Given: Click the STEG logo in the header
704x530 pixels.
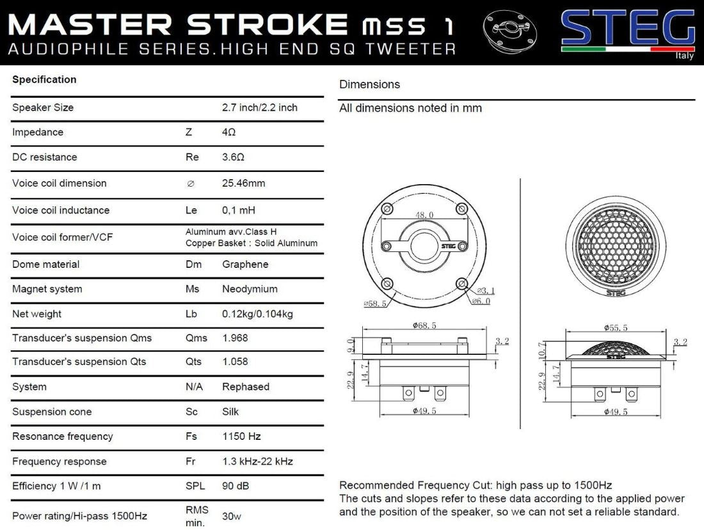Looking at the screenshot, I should (x=627, y=29).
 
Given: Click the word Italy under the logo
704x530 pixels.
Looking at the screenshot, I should (x=684, y=56).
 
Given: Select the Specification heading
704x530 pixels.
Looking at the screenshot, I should (x=44, y=79).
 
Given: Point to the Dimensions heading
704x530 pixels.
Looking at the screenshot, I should (x=369, y=84).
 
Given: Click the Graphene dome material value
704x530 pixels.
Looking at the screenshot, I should (x=245, y=264).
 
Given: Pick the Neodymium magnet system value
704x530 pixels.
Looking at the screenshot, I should (x=250, y=289).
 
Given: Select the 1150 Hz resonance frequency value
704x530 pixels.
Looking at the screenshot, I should (x=241, y=437).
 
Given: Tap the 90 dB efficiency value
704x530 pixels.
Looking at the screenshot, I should (x=236, y=486).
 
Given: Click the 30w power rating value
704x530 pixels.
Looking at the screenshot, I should (x=232, y=516).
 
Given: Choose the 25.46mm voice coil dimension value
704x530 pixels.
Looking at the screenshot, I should (x=243, y=183).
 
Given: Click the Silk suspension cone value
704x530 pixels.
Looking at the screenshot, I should (x=230, y=412).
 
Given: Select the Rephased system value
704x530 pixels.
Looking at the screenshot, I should (x=246, y=387).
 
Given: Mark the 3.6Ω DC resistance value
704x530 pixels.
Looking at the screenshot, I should (x=233, y=157).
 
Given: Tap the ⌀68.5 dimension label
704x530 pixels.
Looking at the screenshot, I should (x=424, y=326).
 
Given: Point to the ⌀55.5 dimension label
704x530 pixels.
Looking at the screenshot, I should (x=616, y=327).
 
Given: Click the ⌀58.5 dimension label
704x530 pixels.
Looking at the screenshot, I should (x=374, y=304).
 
